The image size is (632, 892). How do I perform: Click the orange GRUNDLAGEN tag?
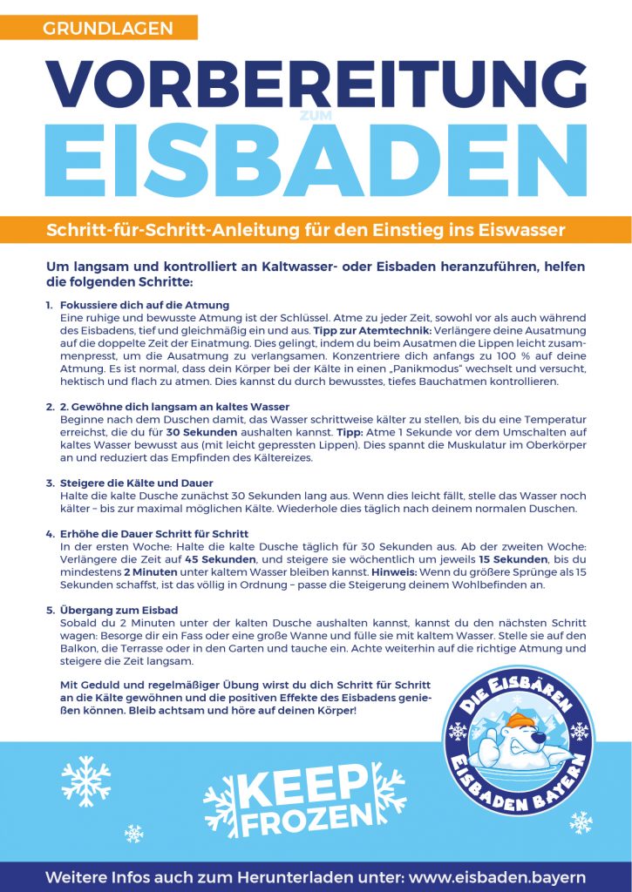point(107,28)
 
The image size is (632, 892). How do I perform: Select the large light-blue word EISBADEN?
point(316,163)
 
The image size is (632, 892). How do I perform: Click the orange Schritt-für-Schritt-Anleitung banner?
point(306,230)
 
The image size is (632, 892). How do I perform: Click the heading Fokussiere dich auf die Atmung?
point(145,306)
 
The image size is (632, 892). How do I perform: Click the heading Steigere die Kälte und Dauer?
point(137,483)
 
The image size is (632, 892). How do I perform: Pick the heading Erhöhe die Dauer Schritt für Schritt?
point(155,533)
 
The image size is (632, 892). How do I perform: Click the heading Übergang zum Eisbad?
point(119,610)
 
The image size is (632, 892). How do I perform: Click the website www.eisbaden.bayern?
point(495,876)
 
